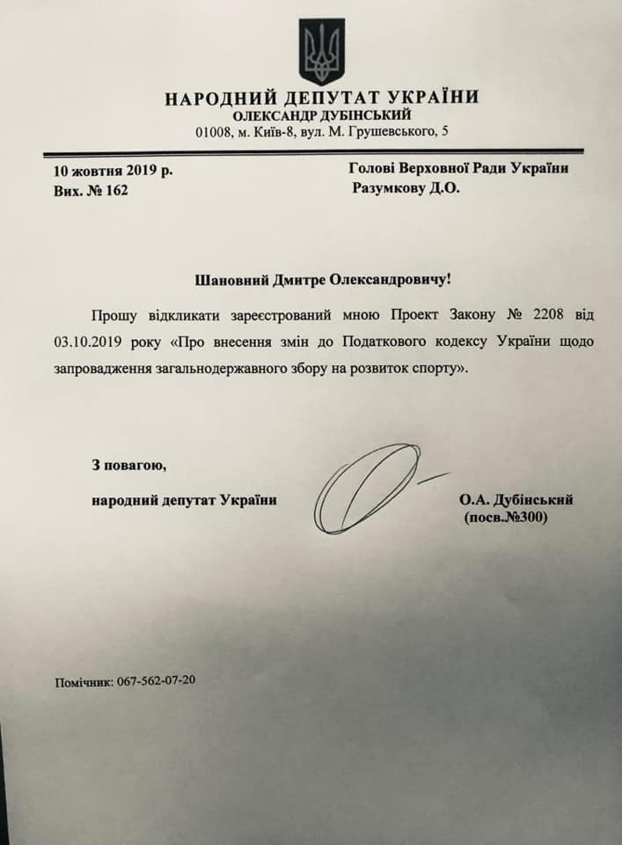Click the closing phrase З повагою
click(128, 464)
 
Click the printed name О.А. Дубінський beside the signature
click(516, 500)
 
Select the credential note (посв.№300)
click(505, 518)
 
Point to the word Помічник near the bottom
click(83, 681)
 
